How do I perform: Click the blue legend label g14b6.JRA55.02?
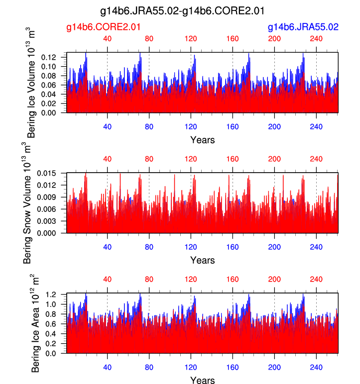(x=303, y=27)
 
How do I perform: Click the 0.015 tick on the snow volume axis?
(x=54, y=173)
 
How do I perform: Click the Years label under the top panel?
(x=202, y=140)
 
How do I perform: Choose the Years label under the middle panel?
(x=202, y=260)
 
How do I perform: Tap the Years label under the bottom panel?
(x=202, y=381)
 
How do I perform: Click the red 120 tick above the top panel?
(x=191, y=39)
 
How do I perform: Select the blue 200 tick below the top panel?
(x=274, y=126)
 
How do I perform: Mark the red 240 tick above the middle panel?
(x=316, y=159)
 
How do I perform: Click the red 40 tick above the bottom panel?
(x=107, y=280)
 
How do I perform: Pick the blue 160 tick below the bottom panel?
(x=233, y=367)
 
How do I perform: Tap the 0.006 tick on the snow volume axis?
(x=54, y=209)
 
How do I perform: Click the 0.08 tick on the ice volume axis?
(x=56, y=76)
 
